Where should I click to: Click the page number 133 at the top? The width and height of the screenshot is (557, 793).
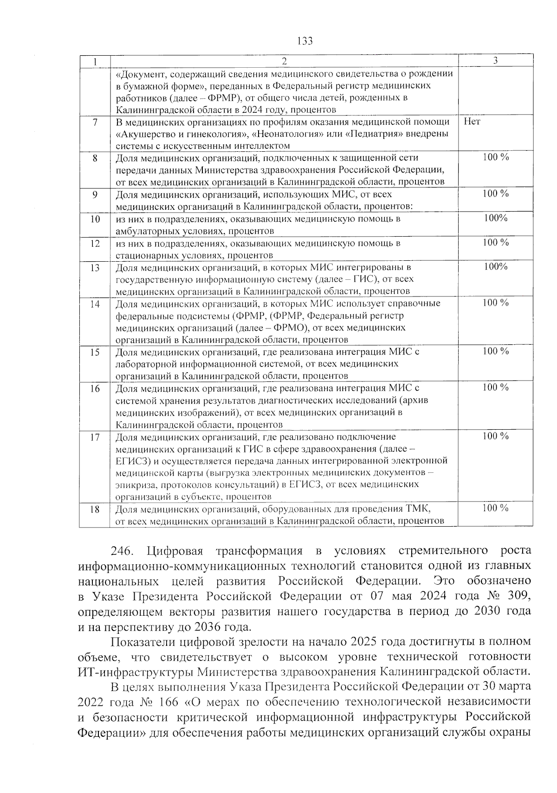click(305, 41)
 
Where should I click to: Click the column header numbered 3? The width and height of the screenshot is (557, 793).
click(495, 61)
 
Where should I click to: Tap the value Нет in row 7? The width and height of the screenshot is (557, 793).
click(472, 122)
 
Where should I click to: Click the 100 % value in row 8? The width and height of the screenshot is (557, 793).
click(495, 157)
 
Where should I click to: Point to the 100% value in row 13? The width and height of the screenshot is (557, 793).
click(495, 267)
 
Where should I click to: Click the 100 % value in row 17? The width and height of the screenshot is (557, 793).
click(495, 436)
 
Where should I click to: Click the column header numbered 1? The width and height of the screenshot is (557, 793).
click(95, 61)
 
